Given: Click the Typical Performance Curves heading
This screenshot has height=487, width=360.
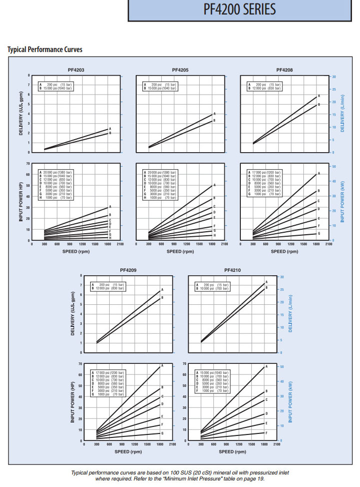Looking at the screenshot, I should [x=45, y=50].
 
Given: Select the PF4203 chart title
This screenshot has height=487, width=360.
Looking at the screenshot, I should [x=76, y=70].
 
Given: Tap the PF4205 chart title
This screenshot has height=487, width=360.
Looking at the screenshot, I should [x=180, y=70].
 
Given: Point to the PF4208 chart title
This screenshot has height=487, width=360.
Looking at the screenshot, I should [x=284, y=70].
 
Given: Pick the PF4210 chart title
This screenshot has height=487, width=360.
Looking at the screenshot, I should [x=232, y=270].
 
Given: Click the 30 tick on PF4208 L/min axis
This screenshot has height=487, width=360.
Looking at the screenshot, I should [x=334, y=77].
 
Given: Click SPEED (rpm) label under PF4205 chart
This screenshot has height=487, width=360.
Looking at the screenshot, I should [x=180, y=251].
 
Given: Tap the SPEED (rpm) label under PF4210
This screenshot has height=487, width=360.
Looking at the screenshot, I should [x=233, y=451].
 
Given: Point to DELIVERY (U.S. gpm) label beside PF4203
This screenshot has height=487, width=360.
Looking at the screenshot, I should [x=21, y=114].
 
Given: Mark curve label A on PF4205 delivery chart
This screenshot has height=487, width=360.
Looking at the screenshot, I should [x=214, y=114].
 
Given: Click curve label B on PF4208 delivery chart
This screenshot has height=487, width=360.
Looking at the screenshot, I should [x=318, y=105].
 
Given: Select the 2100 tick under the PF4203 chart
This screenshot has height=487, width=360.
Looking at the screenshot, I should [x=120, y=244].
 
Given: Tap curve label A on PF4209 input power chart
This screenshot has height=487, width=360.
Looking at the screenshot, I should [x=162, y=367].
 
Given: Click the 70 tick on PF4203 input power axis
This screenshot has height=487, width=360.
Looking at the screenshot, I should [x=28, y=164].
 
